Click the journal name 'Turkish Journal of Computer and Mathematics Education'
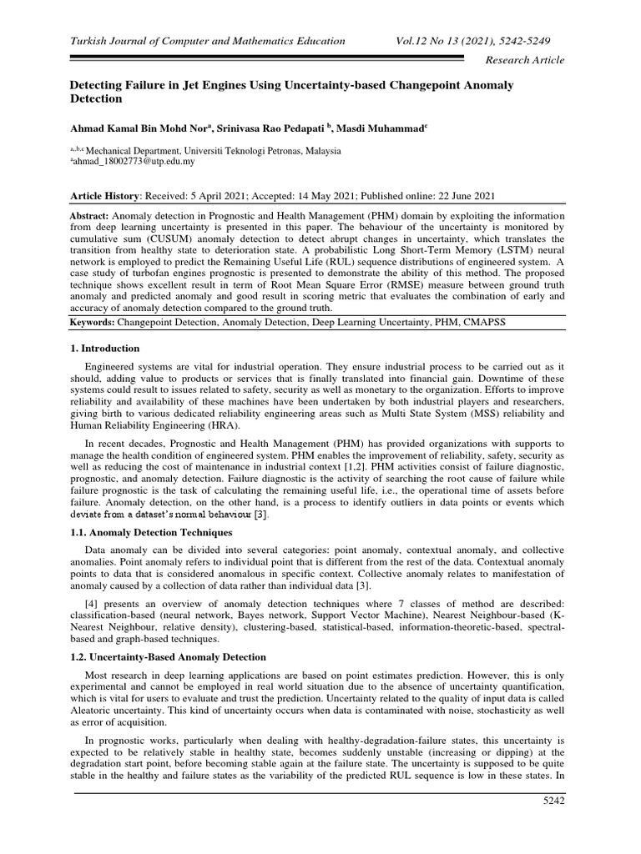click(207, 41)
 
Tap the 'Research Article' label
click(525, 60)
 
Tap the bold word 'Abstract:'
click(93, 213)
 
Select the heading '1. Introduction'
click(104, 348)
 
